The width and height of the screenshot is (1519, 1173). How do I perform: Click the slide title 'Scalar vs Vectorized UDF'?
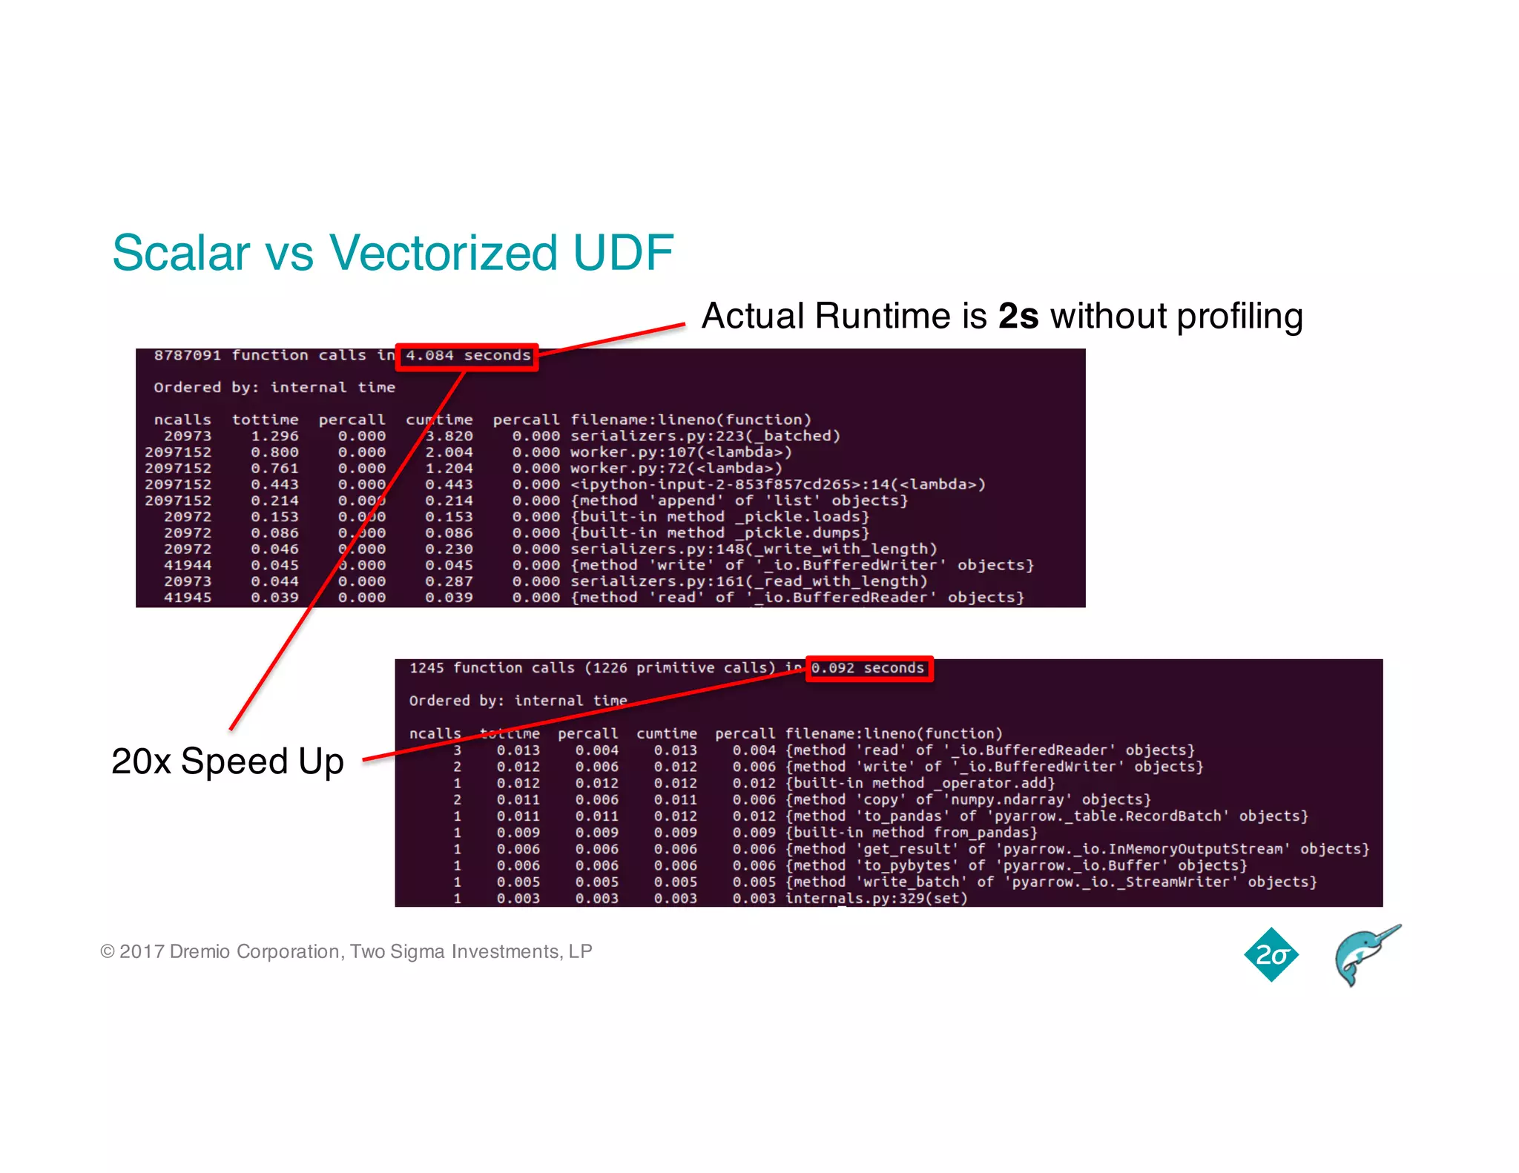392,253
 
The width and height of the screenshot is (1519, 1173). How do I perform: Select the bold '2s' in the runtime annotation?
1018,317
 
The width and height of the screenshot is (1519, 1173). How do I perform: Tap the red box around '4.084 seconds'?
467,357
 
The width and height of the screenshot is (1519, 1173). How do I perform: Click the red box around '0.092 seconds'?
869,668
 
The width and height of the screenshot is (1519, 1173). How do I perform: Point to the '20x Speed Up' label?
228,761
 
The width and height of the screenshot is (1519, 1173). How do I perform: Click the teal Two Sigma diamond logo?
1271,954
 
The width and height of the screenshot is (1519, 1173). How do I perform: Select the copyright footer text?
346,951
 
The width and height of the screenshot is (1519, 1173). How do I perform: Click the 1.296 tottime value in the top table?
274,436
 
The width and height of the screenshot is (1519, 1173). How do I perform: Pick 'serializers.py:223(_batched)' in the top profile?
705,436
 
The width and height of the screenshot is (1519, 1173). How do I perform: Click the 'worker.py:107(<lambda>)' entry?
681,452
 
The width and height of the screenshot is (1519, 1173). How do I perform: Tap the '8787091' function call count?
187,356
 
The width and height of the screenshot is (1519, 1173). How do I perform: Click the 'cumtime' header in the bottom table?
666,733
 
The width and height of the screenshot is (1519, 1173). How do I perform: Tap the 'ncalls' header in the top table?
182,420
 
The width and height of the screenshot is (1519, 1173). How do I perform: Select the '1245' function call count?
426,668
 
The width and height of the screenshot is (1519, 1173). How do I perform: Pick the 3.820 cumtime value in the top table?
449,436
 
